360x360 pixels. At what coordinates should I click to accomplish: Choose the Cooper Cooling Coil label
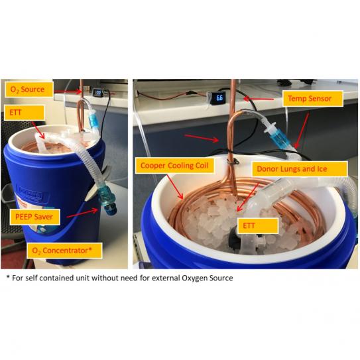coord(174,165)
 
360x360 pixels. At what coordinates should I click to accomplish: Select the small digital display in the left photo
coord(97,93)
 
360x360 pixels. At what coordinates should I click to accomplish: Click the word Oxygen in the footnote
coord(192,278)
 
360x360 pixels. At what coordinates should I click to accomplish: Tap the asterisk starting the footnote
coord(8,277)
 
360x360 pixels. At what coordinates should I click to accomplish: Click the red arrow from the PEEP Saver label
coord(82,213)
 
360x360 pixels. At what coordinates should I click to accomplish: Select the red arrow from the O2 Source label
coord(68,91)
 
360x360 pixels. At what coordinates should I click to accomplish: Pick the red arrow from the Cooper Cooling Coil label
coord(175,187)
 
